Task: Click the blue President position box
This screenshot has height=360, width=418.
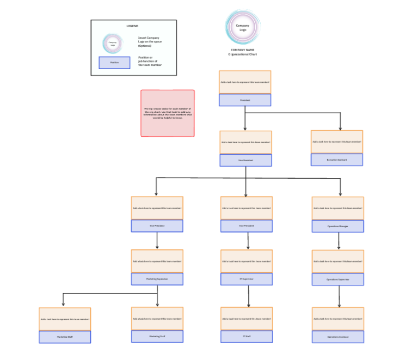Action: pyautogui.click(x=245, y=100)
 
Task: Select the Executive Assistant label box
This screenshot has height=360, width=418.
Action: pyautogui.click(x=336, y=160)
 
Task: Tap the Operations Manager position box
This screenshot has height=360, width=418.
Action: pyautogui.click(x=337, y=226)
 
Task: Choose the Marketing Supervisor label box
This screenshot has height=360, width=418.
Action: pyautogui.click(x=157, y=279)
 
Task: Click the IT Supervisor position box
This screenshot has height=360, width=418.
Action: pyautogui.click(x=246, y=279)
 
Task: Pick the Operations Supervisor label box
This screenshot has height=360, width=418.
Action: pyautogui.click(x=337, y=279)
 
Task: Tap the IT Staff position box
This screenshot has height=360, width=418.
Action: pyautogui.click(x=246, y=337)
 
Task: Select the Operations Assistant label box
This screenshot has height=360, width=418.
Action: pyautogui.click(x=337, y=337)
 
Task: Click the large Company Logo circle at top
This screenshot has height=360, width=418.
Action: pyautogui.click(x=243, y=27)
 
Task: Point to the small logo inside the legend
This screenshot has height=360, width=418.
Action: pyautogui.click(x=113, y=43)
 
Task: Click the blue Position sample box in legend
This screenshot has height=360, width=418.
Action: pyautogui.click(x=114, y=63)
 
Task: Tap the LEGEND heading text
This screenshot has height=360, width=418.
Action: pyautogui.click(x=132, y=26)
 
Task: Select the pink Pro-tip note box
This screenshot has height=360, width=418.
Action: pyautogui.click(x=168, y=113)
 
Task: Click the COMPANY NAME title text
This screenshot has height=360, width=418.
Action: pyautogui.click(x=243, y=50)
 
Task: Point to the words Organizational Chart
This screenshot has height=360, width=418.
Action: pyautogui.click(x=243, y=54)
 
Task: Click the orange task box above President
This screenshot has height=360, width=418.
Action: pyautogui.click(x=245, y=82)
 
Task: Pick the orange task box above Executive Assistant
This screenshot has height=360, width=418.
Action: pyautogui.click(x=336, y=142)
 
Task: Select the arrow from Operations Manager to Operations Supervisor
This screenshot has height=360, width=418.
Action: pyautogui.click(x=339, y=241)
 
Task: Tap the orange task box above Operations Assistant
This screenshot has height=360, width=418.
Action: pyautogui.click(x=337, y=319)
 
